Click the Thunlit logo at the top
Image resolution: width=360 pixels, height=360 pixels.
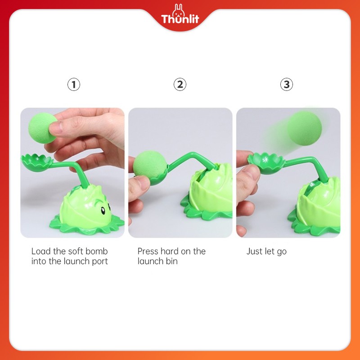click(180, 18)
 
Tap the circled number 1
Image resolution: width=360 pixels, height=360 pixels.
click(74, 84)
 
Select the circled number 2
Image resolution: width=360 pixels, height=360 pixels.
click(180, 84)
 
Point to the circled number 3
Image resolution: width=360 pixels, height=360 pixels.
click(286, 84)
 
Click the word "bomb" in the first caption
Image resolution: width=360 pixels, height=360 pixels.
click(97, 251)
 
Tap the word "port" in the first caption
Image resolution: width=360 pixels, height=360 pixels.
click(99, 261)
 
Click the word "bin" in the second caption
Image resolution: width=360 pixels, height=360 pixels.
click(171, 261)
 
